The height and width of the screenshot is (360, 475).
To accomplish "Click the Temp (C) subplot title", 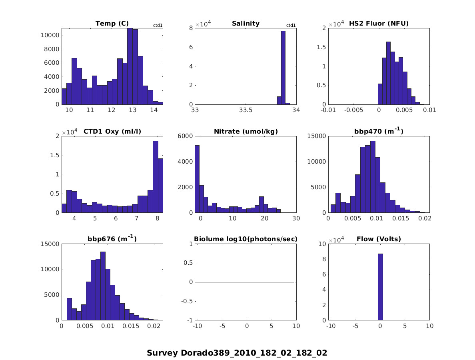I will (112, 24).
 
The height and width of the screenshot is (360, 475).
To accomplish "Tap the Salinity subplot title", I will (245, 24).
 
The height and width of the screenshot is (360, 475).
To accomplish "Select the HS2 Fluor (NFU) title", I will (379, 24).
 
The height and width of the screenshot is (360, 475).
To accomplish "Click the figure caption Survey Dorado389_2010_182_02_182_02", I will (237, 353).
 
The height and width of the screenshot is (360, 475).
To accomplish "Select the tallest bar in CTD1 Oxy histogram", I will (155, 177).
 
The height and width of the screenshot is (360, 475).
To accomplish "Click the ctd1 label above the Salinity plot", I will (291, 26).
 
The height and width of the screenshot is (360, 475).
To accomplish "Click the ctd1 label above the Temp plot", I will (158, 26).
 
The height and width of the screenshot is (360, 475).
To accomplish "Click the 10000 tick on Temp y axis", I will (50, 35).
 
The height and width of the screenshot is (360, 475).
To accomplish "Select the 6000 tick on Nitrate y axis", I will (184, 136).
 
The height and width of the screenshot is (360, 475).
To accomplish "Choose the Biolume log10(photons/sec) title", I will (245, 239).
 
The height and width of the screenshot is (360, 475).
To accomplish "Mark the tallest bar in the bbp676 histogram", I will (103, 286).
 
